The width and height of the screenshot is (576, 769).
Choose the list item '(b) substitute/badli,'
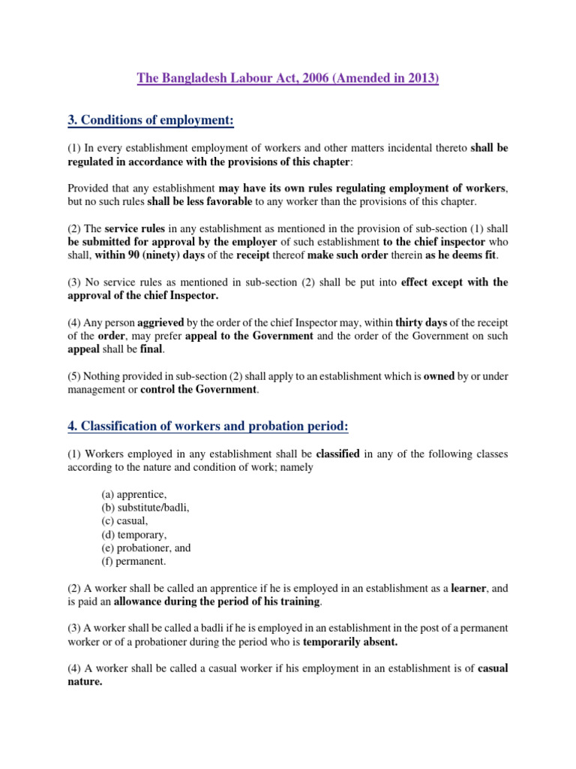pyautogui.click(x=145, y=508)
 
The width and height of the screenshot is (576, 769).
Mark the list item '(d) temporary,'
pyautogui.click(x=134, y=535)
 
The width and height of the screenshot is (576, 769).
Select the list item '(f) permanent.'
pyautogui.click(x=134, y=561)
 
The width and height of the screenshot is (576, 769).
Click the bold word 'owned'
pyautogui.click(x=439, y=376)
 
